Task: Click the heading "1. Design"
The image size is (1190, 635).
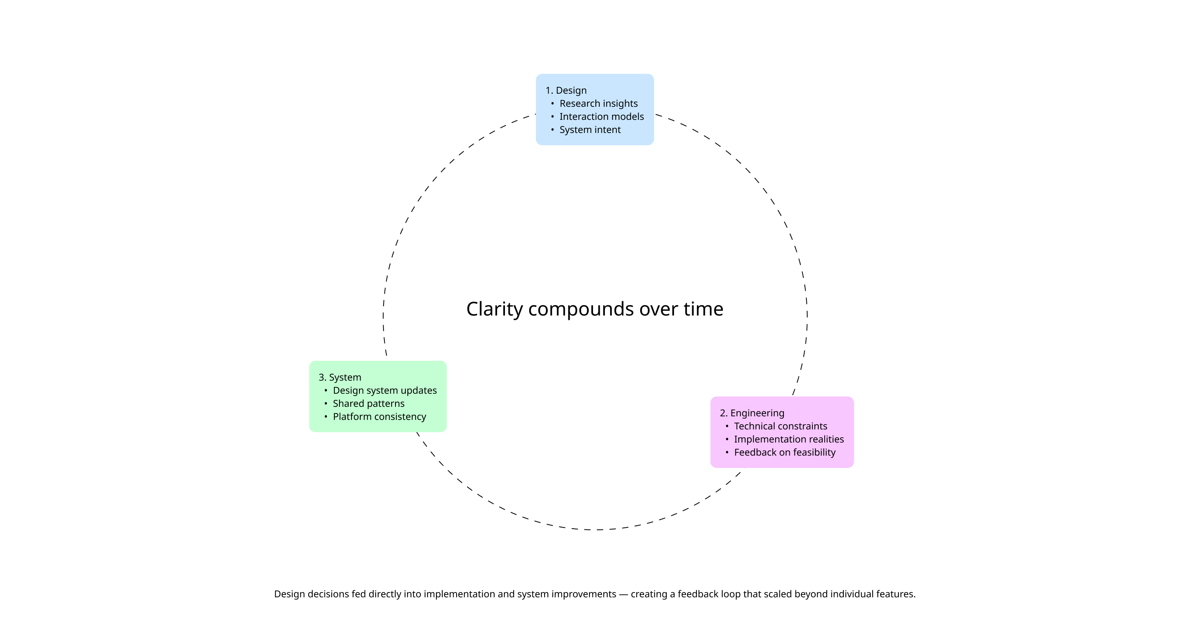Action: (566, 90)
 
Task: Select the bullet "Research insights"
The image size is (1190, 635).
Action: (598, 104)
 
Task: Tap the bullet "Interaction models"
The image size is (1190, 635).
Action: (601, 116)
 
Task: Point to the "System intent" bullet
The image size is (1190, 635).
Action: (590, 130)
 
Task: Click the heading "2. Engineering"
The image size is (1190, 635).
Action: (752, 413)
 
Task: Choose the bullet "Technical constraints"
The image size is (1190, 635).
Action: (780, 426)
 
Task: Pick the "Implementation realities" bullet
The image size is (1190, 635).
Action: (789, 439)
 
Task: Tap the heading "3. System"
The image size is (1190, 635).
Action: (340, 377)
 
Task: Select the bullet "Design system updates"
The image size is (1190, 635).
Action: (384, 391)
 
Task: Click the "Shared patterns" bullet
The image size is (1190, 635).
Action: (368, 404)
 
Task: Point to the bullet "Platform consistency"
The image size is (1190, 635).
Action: (379, 417)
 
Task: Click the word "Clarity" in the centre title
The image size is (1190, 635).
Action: (494, 309)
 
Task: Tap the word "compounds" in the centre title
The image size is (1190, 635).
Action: (581, 309)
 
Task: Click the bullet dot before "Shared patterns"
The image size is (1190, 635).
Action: (326, 404)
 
